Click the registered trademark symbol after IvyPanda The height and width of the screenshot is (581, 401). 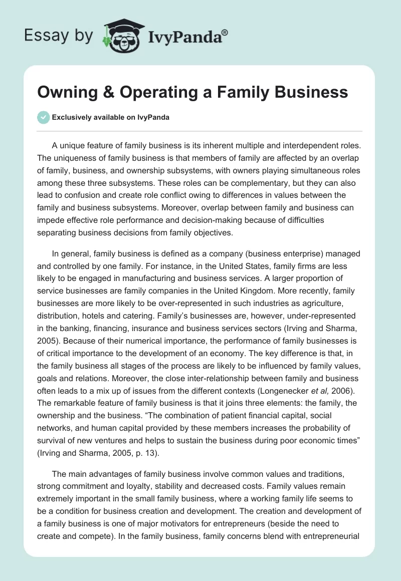tap(225, 32)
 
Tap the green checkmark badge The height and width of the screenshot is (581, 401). tap(43, 117)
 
